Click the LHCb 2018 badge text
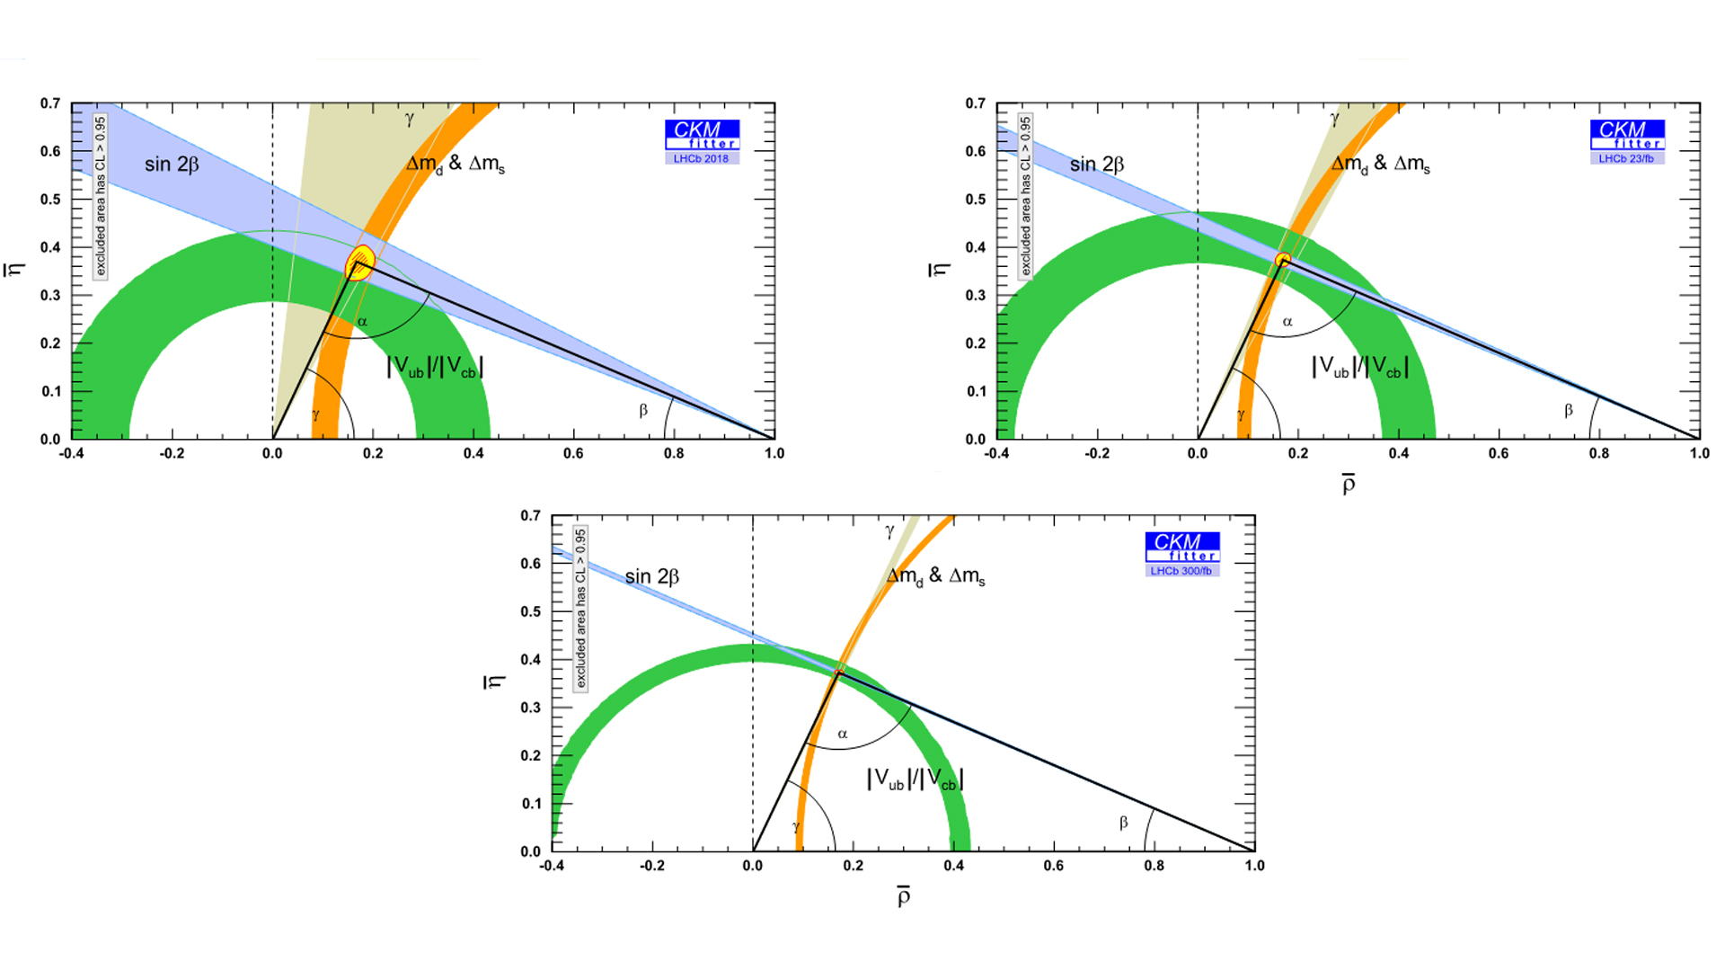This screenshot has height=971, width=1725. (701, 159)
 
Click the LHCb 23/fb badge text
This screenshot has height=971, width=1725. (1626, 159)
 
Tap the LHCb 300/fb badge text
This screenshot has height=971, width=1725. (1181, 571)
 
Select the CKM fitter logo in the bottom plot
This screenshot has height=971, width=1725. (1182, 547)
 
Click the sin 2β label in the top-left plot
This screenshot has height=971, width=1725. (172, 165)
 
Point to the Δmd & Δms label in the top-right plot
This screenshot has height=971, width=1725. (1380, 165)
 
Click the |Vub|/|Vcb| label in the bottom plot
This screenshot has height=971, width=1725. (915, 779)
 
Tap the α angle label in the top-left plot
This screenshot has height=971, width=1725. (362, 322)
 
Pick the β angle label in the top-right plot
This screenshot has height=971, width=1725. (1569, 411)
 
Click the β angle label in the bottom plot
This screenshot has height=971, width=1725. (1123, 823)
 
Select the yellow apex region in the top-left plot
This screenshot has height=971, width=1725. (360, 262)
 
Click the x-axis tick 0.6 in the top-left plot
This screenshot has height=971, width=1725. (573, 454)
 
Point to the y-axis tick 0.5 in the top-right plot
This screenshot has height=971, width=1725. (976, 200)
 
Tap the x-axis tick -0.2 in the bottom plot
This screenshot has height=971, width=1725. (652, 866)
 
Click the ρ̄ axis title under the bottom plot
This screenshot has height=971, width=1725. (903, 896)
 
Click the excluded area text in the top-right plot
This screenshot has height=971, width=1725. (1025, 196)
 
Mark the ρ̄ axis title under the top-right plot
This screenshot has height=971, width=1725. (1348, 485)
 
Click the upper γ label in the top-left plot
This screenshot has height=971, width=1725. (410, 118)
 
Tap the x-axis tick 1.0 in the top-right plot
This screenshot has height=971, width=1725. (1699, 454)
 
